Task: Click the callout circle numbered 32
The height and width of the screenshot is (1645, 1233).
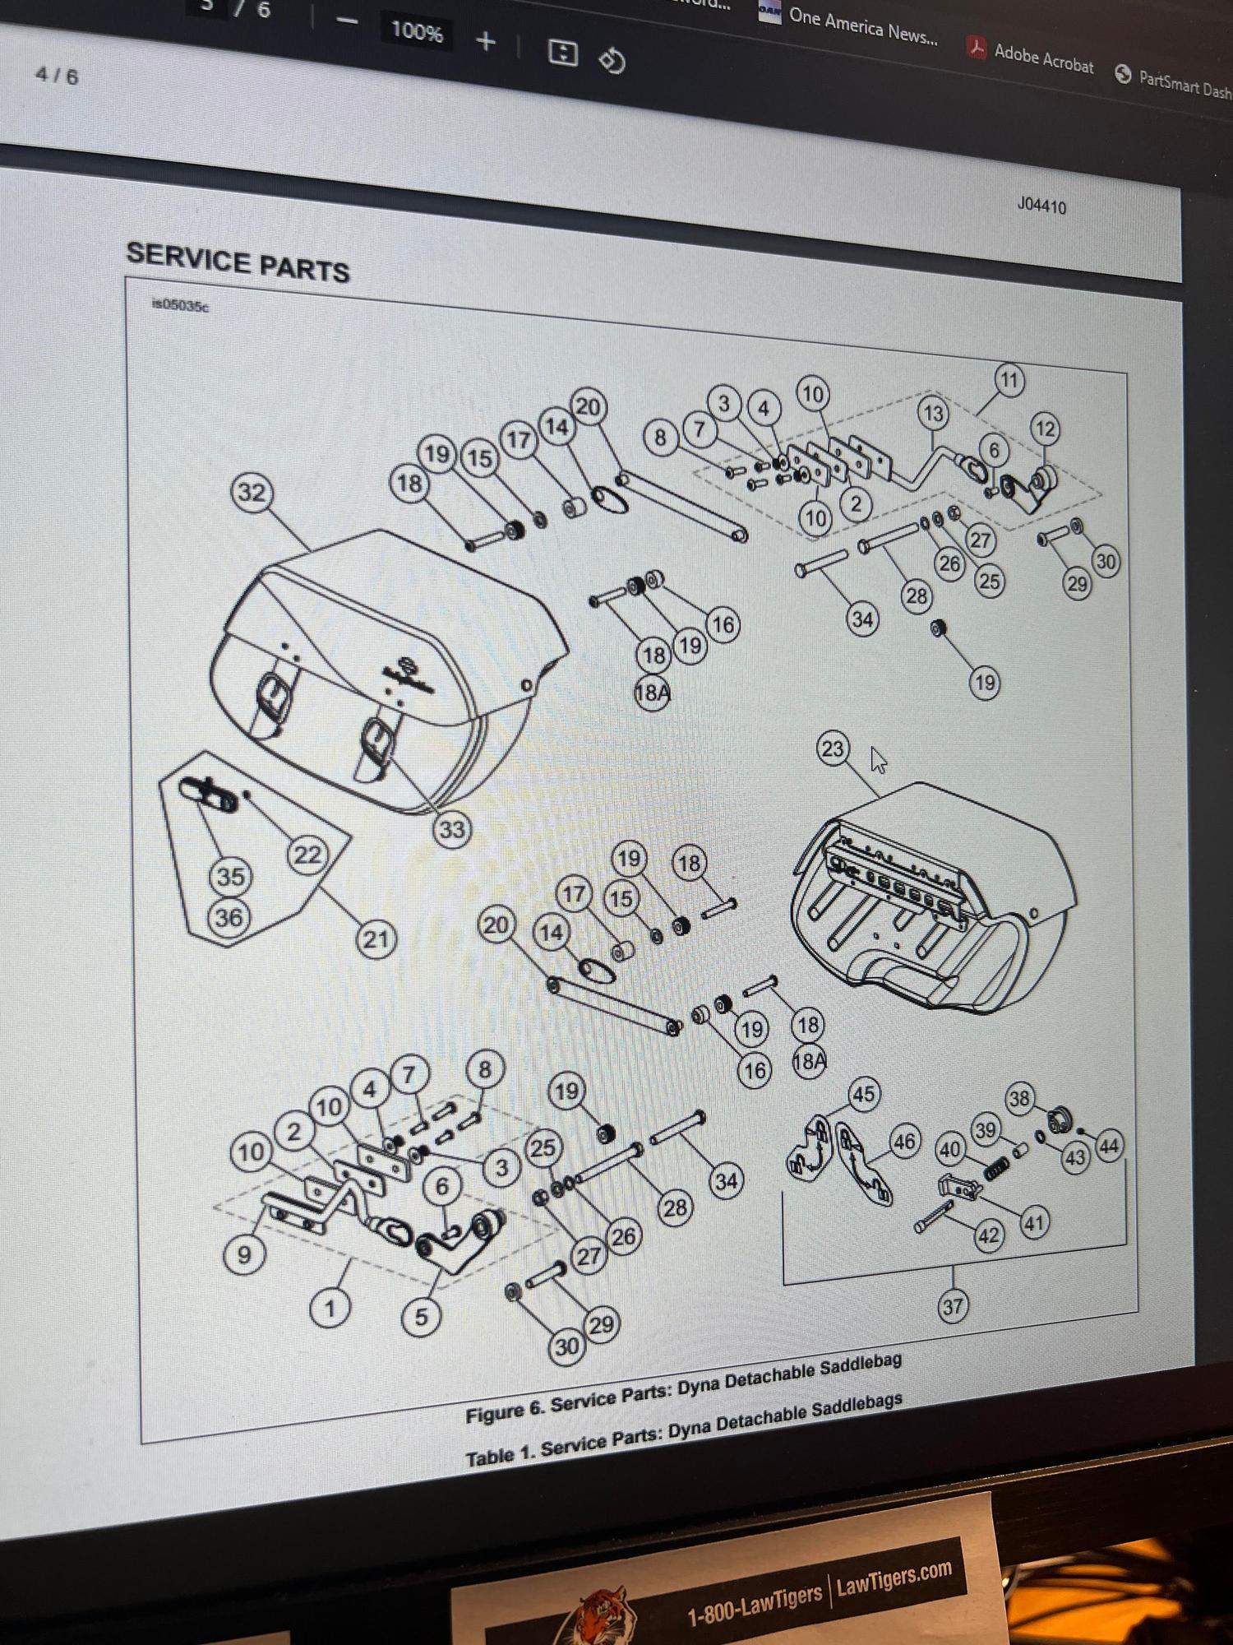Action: [252, 493]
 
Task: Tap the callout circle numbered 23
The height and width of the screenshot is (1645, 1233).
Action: [833, 748]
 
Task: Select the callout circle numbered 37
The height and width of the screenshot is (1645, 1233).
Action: [952, 1306]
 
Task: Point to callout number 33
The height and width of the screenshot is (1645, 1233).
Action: [451, 829]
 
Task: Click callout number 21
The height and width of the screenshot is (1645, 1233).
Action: [376, 938]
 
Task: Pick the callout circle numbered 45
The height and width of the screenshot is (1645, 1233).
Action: [863, 1094]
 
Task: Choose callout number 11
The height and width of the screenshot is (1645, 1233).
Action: [1009, 381]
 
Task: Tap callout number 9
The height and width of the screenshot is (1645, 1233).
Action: [244, 1255]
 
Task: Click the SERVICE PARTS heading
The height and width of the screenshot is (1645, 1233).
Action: [238, 262]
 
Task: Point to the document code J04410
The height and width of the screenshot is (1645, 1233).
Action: [1041, 205]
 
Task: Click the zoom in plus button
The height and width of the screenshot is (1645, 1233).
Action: [486, 41]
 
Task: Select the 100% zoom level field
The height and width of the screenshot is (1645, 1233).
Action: [417, 32]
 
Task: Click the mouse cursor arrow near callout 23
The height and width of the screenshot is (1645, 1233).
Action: [878, 759]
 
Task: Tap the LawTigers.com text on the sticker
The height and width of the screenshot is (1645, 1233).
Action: [894, 1578]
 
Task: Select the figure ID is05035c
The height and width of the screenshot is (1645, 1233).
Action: [180, 306]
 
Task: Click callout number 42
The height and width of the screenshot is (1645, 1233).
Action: [988, 1235]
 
